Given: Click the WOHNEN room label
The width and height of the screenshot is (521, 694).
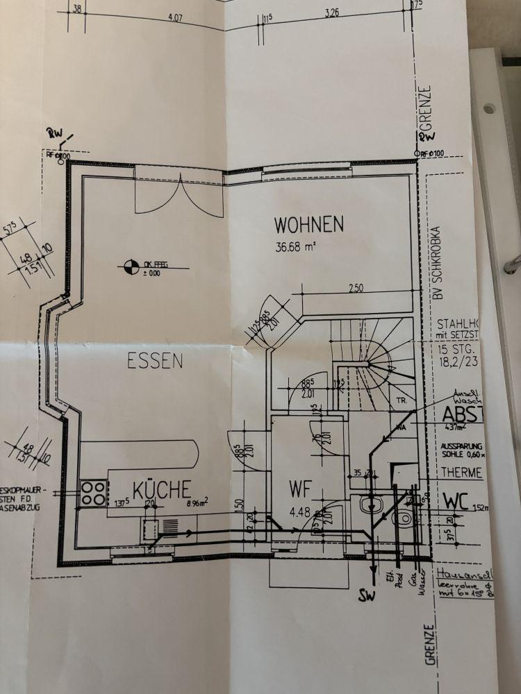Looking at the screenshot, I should [x=309, y=225].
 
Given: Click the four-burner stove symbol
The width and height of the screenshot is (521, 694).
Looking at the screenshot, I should [x=93, y=492].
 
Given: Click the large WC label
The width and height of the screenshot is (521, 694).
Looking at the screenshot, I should [x=458, y=501].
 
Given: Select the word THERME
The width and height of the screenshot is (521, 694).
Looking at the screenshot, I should [x=459, y=473].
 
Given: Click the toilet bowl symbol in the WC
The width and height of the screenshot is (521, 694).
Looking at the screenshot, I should [x=403, y=517].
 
